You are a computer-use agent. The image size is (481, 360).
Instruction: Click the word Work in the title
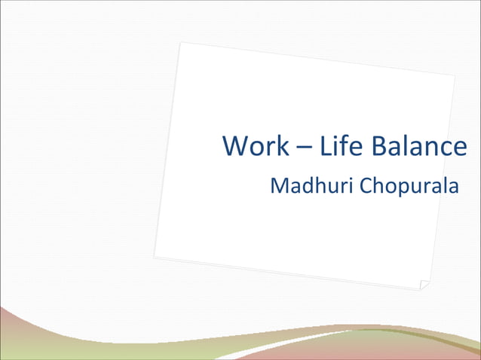[256, 146]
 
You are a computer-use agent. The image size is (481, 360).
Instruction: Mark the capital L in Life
[325, 146]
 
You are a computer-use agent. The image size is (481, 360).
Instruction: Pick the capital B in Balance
[376, 146]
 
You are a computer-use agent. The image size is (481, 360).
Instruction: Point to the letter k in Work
[281, 146]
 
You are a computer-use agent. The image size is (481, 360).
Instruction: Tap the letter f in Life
[342, 145]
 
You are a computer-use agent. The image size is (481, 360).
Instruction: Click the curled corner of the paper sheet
[424, 285]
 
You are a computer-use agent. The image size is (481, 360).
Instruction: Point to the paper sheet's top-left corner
[181, 43]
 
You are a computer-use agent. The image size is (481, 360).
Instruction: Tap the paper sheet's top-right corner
[455, 75]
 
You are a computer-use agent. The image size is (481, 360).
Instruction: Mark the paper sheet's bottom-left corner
[155, 257]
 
